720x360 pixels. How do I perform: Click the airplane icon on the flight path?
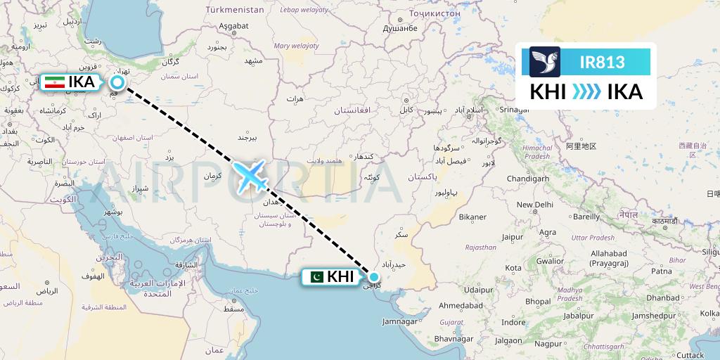pyautogui.click(x=251, y=175)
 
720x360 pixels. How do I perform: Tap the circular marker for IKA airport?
pyautogui.click(x=117, y=82)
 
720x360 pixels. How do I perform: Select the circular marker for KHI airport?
pyautogui.click(x=374, y=277)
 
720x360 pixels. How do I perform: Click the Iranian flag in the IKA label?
pyautogui.click(x=54, y=82)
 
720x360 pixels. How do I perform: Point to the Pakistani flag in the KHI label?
pyautogui.click(x=316, y=277)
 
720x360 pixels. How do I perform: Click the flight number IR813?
pyautogui.click(x=602, y=62)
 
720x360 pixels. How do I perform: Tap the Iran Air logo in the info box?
pyautogui.click(x=545, y=61)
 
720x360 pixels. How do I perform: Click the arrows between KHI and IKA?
pyautogui.click(x=586, y=92)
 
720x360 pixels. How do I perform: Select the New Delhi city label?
pyautogui.click(x=535, y=205)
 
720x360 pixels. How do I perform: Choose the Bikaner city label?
pyautogui.click(x=472, y=217)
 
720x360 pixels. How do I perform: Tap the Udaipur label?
pyautogui.click(x=477, y=289)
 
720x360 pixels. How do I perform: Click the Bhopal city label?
pyautogui.click(x=538, y=301)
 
